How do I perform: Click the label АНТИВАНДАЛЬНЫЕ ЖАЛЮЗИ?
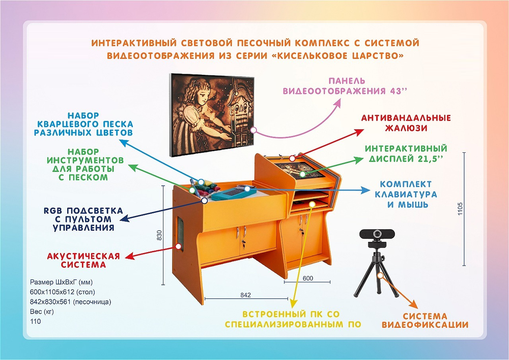(406, 123)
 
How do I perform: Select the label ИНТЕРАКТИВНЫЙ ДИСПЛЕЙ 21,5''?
(406, 154)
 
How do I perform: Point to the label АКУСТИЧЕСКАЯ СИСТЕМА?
(83, 260)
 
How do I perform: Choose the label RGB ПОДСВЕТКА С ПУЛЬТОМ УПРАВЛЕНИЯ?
(83, 218)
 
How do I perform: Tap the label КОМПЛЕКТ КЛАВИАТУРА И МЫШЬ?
(406, 194)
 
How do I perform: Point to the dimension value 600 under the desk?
(307, 278)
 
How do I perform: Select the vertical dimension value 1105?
(460, 208)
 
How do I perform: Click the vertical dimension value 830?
(159, 235)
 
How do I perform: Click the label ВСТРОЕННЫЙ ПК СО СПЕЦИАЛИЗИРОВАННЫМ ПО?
(292, 319)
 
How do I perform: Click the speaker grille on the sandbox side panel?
(180, 232)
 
